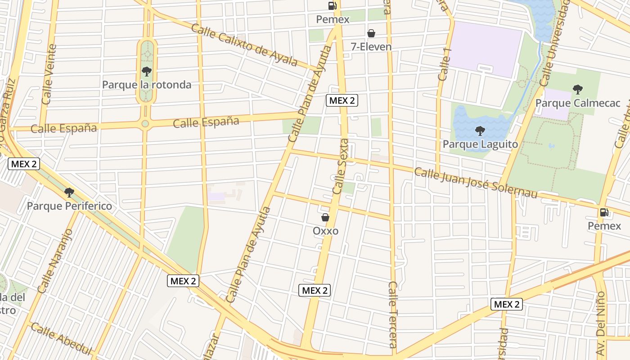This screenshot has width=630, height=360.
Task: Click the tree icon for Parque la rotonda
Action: pyautogui.click(x=146, y=71)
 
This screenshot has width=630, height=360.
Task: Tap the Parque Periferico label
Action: pyautogui.click(x=69, y=206)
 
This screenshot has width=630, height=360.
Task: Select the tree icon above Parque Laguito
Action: pyautogui.click(x=480, y=131)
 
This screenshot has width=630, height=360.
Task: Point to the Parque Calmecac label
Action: pyautogui.click(x=577, y=103)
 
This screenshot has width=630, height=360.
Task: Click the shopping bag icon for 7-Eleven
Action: pyautogui.click(x=371, y=33)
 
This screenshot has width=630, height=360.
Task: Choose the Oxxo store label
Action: pyautogui.click(x=325, y=231)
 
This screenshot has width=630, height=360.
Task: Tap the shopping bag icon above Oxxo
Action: pyautogui.click(x=325, y=218)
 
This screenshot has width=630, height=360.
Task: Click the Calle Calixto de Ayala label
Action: pyautogui.click(x=244, y=45)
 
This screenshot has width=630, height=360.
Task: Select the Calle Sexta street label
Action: pyautogui.click(x=341, y=166)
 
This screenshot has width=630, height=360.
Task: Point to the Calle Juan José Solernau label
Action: pyautogui.click(x=476, y=183)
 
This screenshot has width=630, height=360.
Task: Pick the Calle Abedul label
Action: pyautogui.click(x=62, y=338)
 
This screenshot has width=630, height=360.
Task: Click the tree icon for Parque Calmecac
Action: pyautogui.click(x=578, y=90)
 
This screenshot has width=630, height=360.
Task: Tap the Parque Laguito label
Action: pyautogui.click(x=480, y=144)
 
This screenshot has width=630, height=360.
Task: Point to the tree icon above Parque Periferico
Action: pyautogui.click(x=69, y=193)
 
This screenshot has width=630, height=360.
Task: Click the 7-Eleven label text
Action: pyautogui.click(x=371, y=47)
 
